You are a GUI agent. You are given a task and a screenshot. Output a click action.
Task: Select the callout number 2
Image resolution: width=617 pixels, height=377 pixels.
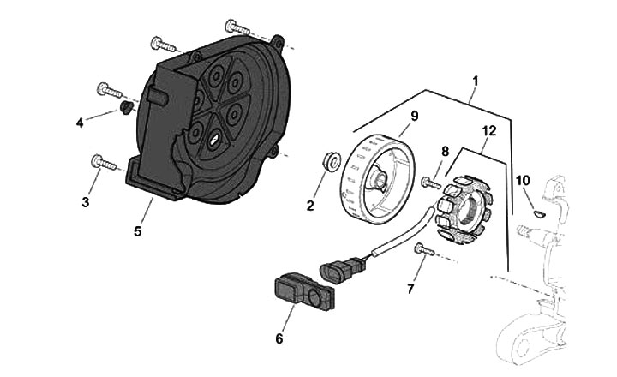coord(311,205)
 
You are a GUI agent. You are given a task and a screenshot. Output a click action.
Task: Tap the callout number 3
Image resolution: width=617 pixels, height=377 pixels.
coord(85,201)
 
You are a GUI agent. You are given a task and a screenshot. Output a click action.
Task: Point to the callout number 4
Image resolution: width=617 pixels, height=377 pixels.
coord(80,123)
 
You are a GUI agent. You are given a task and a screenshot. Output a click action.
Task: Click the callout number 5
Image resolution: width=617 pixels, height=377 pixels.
coord(137,230)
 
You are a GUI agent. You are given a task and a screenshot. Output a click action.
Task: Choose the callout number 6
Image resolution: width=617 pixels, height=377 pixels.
coord(279,338)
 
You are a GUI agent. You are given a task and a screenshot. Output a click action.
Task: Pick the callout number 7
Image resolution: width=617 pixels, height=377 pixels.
coord(410,289)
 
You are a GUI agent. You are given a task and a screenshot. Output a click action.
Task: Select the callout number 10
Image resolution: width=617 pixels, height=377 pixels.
coord(523,181)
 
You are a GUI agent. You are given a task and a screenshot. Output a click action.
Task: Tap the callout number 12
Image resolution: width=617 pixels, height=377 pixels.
coord(489,131)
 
